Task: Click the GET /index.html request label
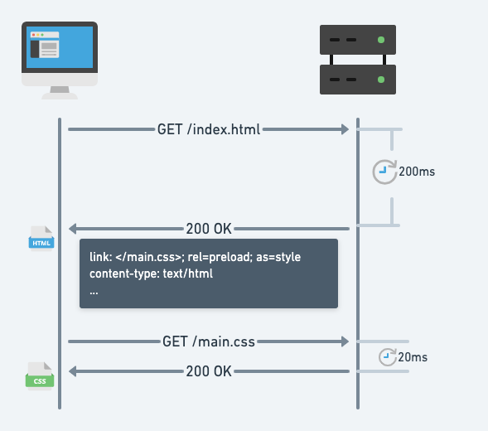(x=209, y=129)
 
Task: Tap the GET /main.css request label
(x=209, y=341)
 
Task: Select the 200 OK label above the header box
(x=209, y=229)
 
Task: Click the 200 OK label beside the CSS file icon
(x=209, y=371)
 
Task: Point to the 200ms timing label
(x=417, y=172)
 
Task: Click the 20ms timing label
(x=413, y=357)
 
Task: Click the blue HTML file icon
(x=41, y=238)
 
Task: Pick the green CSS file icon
(x=40, y=375)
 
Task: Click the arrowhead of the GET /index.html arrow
(x=345, y=129)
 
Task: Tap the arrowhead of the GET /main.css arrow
(x=345, y=341)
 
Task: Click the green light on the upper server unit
(x=381, y=40)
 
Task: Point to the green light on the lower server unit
(x=381, y=80)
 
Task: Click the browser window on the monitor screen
(x=45, y=45)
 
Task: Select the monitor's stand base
(x=60, y=96)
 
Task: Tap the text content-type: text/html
(x=152, y=274)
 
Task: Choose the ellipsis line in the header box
(x=94, y=293)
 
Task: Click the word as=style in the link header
(x=278, y=257)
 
